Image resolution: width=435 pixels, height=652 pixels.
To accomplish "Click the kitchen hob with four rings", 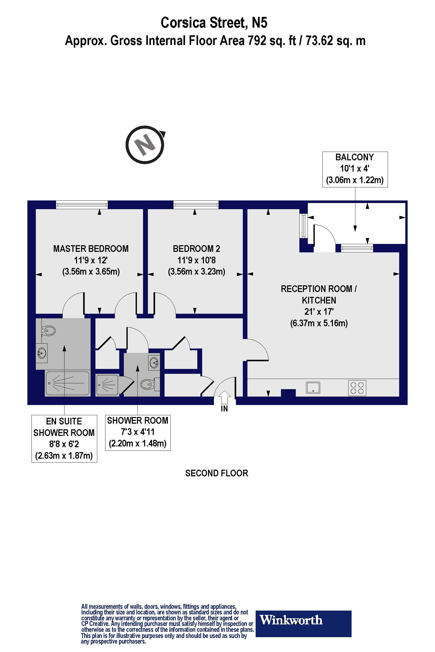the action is pyautogui.click(x=357, y=388).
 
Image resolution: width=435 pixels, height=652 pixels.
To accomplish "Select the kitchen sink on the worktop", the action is pyautogui.click(x=313, y=388).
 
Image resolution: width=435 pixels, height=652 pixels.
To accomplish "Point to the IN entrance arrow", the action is pyautogui.click(x=224, y=397).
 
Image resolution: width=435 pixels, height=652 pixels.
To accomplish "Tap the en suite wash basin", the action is pyautogui.click(x=42, y=353).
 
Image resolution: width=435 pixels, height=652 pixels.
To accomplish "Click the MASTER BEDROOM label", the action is pyautogui.click(x=91, y=249).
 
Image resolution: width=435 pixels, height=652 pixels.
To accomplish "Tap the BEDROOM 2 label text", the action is pyautogui.click(x=197, y=249).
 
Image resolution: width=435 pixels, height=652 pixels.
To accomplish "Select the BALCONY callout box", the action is pyautogui.click(x=355, y=169).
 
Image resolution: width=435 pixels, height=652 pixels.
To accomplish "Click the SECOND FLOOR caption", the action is pyautogui.click(x=217, y=473).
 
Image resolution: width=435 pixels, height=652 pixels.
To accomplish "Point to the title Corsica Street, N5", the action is pyautogui.click(x=214, y=23).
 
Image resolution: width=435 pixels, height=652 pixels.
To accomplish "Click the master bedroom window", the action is pyautogui.click(x=82, y=205).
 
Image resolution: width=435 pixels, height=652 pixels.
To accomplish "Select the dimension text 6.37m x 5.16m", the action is pyautogui.click(x=319, y=323).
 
